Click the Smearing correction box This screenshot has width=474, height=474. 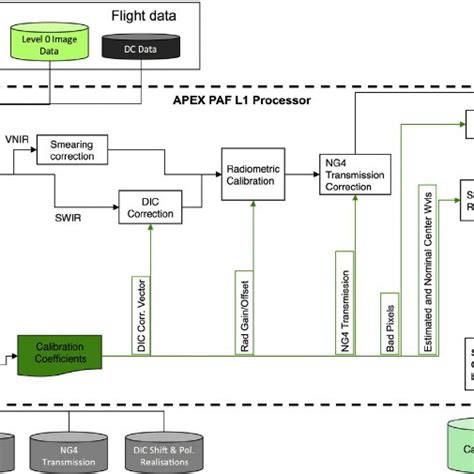pyautogui.click(x=79, y=151)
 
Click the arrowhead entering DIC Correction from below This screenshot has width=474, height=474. pyautogui.click(x=151, y=227)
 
